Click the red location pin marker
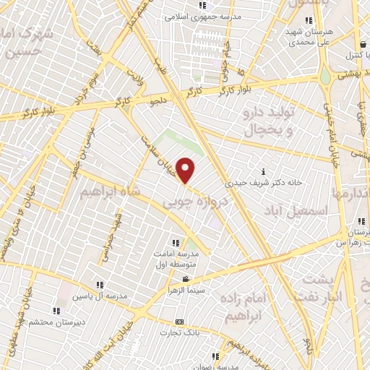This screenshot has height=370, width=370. coord(186,171)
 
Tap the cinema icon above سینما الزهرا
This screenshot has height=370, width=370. coord(186,280)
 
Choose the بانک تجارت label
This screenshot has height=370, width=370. coord(179,333)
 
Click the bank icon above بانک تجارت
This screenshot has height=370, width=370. coord(179,322)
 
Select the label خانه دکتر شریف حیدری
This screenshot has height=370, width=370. coord(262,183)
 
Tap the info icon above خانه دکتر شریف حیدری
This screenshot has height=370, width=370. coord(263,172)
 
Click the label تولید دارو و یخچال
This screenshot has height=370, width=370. coord(267,121)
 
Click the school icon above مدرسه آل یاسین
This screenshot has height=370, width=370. coord(100,285)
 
